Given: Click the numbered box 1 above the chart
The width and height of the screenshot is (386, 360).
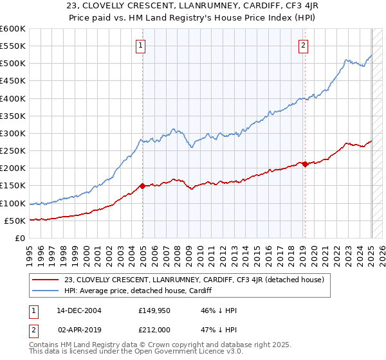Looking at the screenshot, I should click(x=140, y=45).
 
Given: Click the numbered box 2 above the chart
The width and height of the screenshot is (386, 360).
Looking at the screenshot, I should click(x=303, y=45).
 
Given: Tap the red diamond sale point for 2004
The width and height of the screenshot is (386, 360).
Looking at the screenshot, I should click(x=142, y=186).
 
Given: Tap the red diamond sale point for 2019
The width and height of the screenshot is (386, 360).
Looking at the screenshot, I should click(x=304, y=164).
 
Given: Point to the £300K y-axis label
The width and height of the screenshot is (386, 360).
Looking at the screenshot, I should click(x=12, y=133).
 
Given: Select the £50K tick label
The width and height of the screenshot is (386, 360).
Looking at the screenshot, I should click(x=15, y=221).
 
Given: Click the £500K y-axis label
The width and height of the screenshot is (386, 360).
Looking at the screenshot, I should click(x=12, y=63).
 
